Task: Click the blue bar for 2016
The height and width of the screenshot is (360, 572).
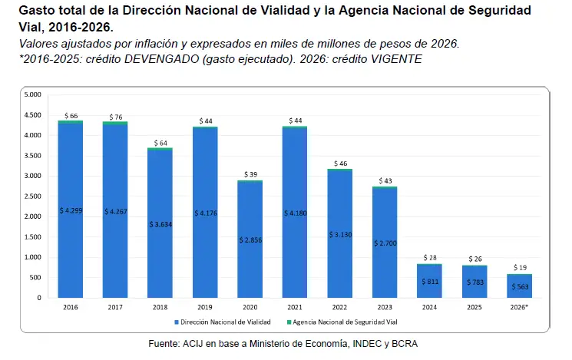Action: [x=71, y=210]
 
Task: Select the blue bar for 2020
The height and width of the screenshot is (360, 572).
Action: [x=250, y=239]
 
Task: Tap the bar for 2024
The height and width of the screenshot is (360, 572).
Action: [x=429, y=281]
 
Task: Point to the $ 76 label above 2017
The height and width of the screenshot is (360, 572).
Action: [x=116, y=117]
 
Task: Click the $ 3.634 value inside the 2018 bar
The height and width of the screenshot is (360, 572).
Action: [x=160, y=224]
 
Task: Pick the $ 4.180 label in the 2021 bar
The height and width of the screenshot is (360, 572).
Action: [x=296, y=213]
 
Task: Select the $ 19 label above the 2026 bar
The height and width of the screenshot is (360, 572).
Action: [x=520, y=267]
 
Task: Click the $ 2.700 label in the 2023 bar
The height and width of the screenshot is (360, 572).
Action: [x=385, y=243]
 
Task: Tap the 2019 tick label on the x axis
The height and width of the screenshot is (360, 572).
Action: [x=205, y=308]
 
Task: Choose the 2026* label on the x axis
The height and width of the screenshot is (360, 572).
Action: [x=519, y=308]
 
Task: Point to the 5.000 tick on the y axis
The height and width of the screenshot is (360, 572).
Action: [x=33, y=94]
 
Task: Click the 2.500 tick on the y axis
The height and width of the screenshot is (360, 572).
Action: [x=33, y=197]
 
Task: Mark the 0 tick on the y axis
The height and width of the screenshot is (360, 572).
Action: [x=39, y=298]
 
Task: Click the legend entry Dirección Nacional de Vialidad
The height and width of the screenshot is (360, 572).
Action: [x=223, y=322]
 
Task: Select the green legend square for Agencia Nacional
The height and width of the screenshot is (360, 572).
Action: [x=289, y=322]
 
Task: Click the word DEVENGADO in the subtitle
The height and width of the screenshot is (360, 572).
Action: [x=161, y=59]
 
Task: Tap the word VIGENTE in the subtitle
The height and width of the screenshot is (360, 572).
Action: [x=396, y=59]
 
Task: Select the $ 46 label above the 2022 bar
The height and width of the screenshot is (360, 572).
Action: [x=340, y=163]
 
